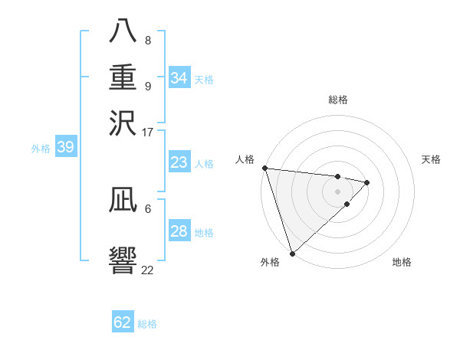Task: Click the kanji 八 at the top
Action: click(x=123, y=32)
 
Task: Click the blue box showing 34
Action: click(x=179, y=78)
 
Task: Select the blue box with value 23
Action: click(x=179, y=162)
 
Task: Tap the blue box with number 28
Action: click(x=179, y=231)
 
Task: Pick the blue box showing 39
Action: click(x=65, y=148)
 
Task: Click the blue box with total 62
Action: click(x=123, y=322)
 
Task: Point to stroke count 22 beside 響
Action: click(x=147, y=270)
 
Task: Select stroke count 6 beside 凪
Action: click(x=148, y=208)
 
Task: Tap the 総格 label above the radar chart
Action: click(x=338, y=100)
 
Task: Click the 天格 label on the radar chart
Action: click(x=431, y=159)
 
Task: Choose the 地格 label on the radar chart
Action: click(x=402, y=263)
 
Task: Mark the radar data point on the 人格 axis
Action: click(x=264, y=168)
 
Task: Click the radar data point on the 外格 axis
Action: click(x=292, y=253)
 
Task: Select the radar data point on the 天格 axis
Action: click(x=367, y=182)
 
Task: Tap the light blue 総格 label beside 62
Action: click(x=147, y=324)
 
